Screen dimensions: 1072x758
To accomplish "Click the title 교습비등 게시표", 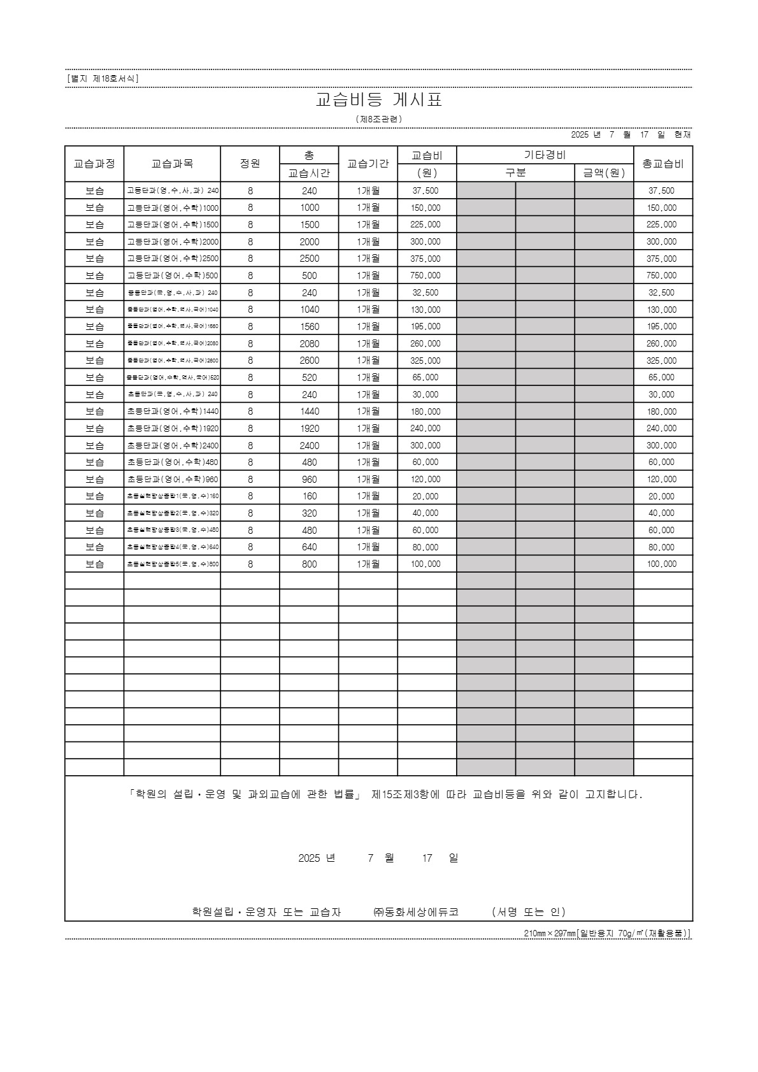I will (x=379, y=100).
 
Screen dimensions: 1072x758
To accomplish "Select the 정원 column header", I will (x=250, y=164).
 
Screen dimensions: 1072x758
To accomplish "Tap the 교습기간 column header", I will (x=368, y=164).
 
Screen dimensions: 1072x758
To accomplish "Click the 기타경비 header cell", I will (x=545, y=155).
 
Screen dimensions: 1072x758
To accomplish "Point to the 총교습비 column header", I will (x=662, y=164).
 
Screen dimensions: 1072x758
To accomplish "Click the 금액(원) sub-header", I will (x=603, y=173).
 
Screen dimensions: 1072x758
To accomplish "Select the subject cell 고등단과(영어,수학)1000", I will (x=172, y=208).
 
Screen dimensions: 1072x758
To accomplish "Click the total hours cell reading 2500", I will (x=309, y=259).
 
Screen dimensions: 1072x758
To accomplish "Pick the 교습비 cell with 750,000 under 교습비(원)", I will (x=426, y=276).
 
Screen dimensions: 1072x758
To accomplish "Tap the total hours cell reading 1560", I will (x=309, y=327).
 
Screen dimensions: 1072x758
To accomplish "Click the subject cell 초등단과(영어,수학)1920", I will (x=172, y=429).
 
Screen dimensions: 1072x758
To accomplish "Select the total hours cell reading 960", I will (x=309, y=480).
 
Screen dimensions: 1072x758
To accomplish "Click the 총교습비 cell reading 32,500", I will (x=662, y=293).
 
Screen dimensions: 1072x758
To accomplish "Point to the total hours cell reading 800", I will (x=309, y=564).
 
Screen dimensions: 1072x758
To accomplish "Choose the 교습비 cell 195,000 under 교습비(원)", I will (x=426, y=327).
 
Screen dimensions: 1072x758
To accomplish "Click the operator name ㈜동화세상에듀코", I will (x=415, y=911).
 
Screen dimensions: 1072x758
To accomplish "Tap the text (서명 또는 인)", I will (x=528, y=911).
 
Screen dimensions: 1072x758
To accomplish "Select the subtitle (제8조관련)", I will (x=379, y=119).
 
